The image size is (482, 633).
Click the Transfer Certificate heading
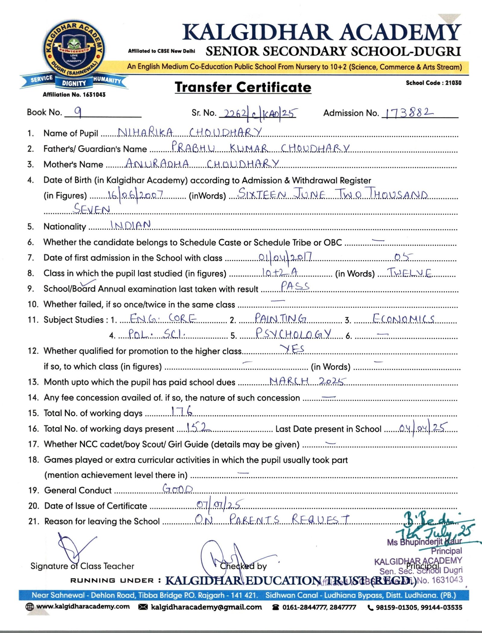243,87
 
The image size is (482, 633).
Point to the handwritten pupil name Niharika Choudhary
189,132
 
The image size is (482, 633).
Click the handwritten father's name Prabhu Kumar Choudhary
260,148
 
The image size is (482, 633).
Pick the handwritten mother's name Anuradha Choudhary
202,164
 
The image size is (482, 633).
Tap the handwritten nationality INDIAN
130,225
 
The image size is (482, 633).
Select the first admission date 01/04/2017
285,257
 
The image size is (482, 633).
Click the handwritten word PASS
295,286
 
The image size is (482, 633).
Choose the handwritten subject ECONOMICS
403,319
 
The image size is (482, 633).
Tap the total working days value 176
182,411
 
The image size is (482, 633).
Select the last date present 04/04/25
423,428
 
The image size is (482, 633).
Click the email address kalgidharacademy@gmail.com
206,607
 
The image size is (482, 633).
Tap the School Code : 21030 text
433,83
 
